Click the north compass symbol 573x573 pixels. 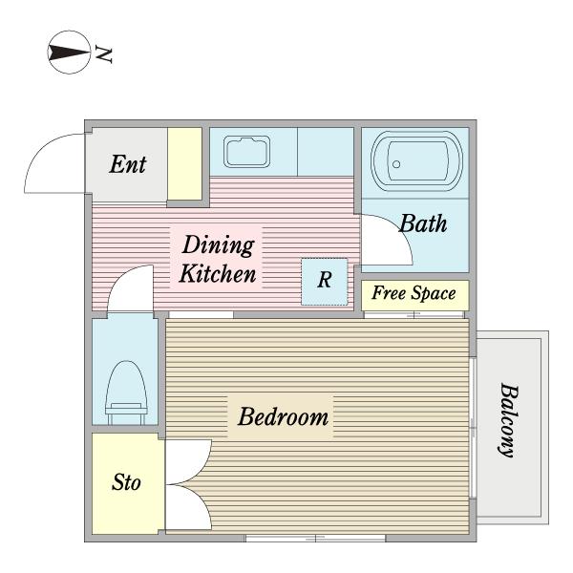69,53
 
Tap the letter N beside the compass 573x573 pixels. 103,54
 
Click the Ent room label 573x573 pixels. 128,164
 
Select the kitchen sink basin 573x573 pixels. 247,152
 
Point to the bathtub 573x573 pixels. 416,160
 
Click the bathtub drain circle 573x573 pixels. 396,164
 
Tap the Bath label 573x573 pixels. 423,223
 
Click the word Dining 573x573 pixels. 219,245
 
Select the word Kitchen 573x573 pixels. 218,274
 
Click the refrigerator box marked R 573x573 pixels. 325,282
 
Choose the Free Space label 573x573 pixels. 414,293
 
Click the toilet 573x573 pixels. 126,393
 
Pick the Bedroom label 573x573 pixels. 284,416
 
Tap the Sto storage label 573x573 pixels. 126,482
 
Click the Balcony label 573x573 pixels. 509,420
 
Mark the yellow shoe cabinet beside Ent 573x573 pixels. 185,163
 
